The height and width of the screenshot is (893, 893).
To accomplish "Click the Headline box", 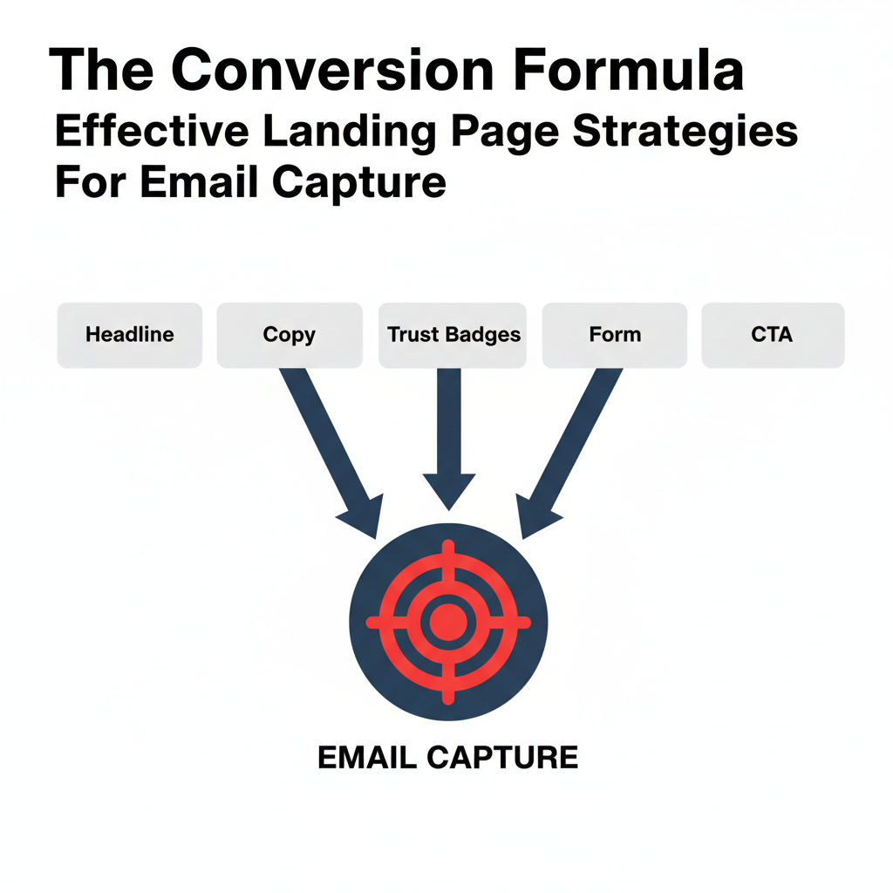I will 129,335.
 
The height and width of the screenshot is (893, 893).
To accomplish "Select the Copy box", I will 289,335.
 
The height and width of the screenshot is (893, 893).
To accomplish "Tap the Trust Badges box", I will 453,335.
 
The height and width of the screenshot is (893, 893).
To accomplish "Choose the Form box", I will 614,335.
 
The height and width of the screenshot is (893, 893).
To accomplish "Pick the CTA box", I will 772,335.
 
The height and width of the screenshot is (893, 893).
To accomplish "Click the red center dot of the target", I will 447,622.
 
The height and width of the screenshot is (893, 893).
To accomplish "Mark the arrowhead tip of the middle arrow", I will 448,508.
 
